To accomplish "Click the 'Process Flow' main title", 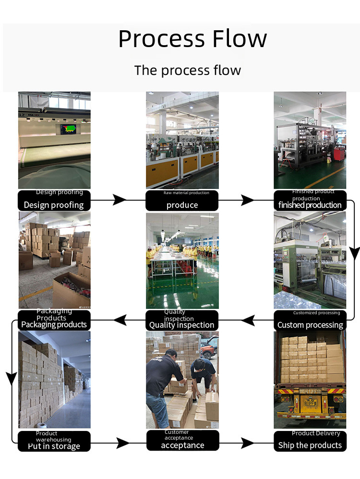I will pyautogui.click(x=192, y=39).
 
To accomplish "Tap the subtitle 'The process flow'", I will pyautogui.click(x=188, y=70).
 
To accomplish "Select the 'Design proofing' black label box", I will pyautogui.click(x=54, y=201).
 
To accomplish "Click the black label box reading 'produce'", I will pyautogui.click(x=182, y=201).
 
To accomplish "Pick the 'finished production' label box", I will pyautogui.click(x=310, y=201).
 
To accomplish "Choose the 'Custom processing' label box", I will pyautogui.click(x=310, y=320).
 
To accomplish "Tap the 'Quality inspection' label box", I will pyautogui.click(x=182, y=320).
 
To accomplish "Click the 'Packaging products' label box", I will pyautogui.click(x=54, y=320).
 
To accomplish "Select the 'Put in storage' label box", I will pyautogui.click(x=54, y=441).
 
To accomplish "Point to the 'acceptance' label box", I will pyautogui.click(x=182, y=441).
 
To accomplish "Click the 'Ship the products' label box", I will pyautogui.click(x=310, y=441).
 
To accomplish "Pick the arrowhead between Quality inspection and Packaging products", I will pyautogui.click(x=120, y=319).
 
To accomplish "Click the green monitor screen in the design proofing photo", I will pyautogui.click(x=69, y=129).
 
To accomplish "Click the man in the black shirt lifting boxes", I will pyautogui.click(x=161, y=380).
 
